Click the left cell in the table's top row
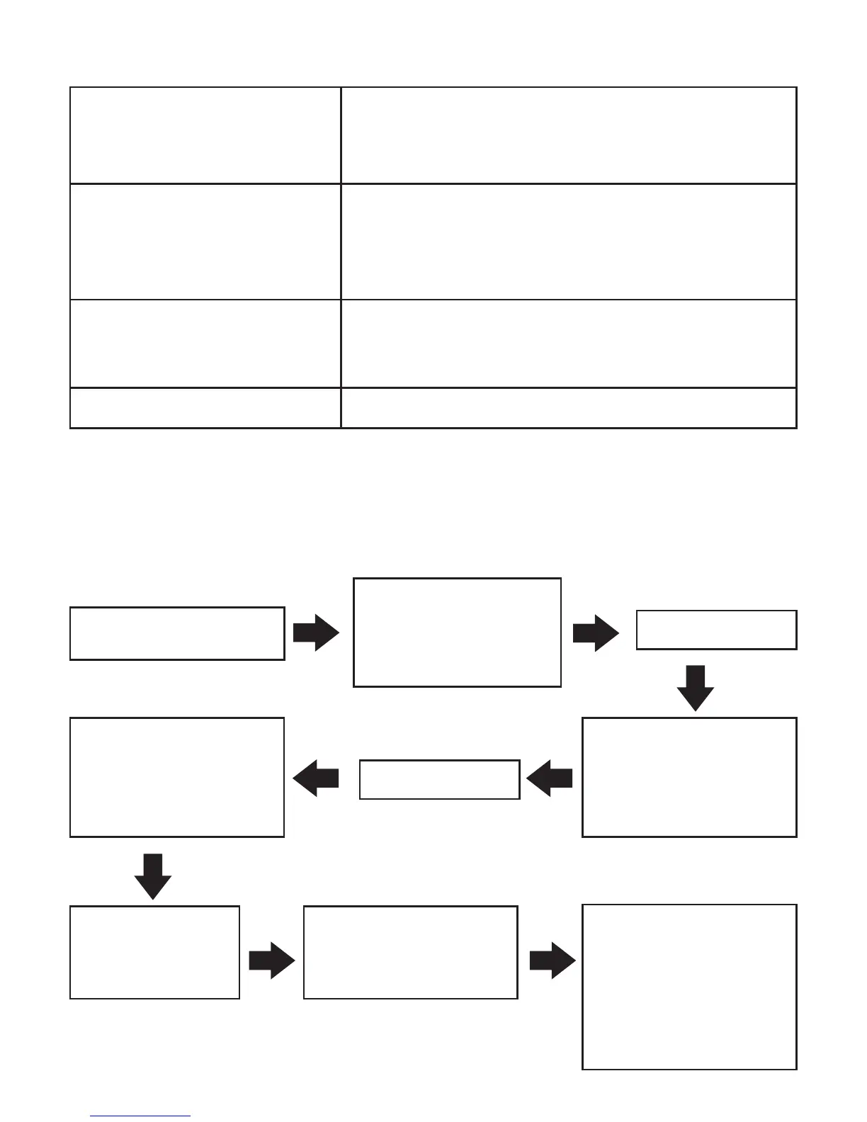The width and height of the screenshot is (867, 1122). [x=205, y=135]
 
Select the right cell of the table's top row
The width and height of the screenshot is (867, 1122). [x=569, y=135]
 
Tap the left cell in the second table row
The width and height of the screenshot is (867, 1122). [x=205, y=242]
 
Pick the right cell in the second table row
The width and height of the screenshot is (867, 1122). [x=569, y=242]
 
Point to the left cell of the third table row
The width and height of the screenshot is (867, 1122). [x=205, y=344]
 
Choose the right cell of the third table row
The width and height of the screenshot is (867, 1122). [x=569, y=344]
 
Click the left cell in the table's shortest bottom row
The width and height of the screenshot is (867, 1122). [x=205, y=408]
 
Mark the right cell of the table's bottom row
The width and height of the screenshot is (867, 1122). [x=569, y=408]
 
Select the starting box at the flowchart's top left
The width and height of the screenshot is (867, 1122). [x=177, y=633]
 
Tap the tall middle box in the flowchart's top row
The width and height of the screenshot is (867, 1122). [x=457, y=633]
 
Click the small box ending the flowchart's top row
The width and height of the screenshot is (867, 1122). [x=716, y=630]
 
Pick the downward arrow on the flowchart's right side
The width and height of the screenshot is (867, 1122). [x=696, y=688]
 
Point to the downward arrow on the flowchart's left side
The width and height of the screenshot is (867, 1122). [x=153, y=876]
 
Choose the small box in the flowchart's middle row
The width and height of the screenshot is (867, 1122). [x=439, y=780]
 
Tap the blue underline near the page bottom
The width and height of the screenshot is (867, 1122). [x=140, y=1116]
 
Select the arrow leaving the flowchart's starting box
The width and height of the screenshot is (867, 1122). [x=316, y=633]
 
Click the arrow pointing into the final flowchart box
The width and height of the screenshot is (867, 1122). [x=552, y=962]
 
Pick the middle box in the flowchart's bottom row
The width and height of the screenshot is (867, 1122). [x=410, y=952]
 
